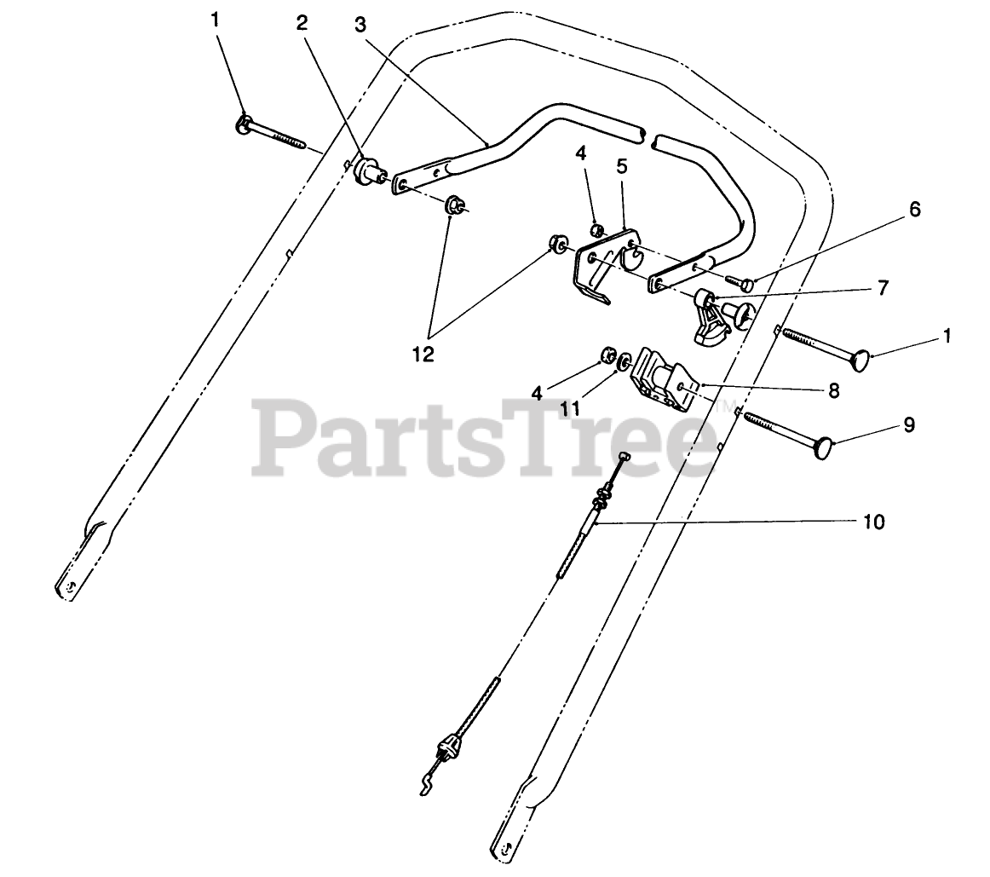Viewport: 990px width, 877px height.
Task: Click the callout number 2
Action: tap(302, 24)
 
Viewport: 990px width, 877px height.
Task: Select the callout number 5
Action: tap(622, 166)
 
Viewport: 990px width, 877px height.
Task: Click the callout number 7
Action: tap(883, 288)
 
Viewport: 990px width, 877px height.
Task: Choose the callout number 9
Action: tap(909, 424)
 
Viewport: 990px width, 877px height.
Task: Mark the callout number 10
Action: tap(874, 521)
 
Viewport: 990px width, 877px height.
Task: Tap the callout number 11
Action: tap(570, 409)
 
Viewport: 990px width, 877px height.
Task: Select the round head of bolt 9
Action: tap(823, 447)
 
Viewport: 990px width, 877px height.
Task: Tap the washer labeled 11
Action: tap(625, 361)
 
